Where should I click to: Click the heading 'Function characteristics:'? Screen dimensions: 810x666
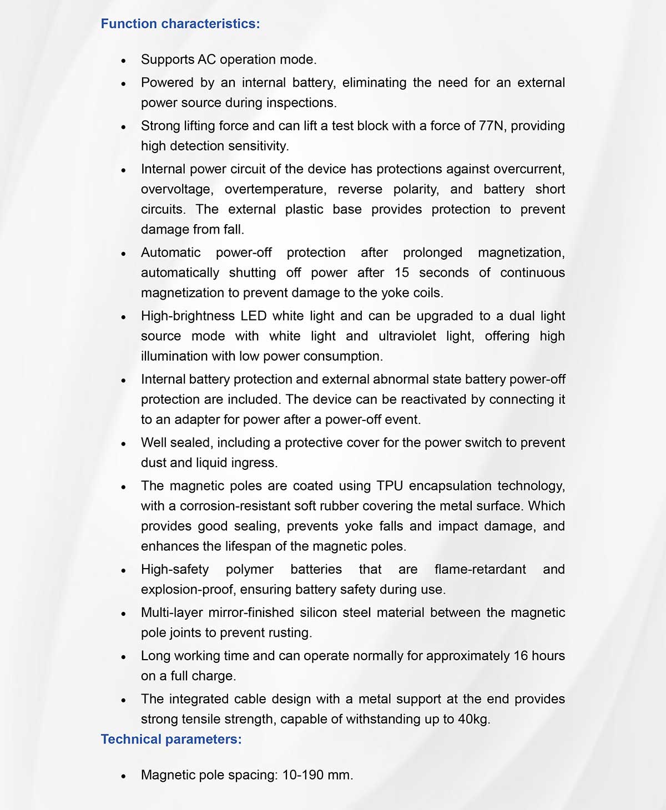[180, 24]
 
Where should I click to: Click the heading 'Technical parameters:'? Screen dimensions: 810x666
[171, 739]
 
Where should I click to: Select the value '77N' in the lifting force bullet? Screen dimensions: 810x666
[491, 126]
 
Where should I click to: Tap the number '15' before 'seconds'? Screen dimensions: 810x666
[402, 273]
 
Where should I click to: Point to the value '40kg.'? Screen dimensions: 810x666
[474, 720]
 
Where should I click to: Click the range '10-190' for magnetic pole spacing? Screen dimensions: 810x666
[303, 775]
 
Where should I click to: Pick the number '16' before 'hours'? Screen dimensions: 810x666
[521, 656]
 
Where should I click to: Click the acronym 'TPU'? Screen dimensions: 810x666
[390, 486]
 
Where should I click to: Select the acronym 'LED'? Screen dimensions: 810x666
[253, 316]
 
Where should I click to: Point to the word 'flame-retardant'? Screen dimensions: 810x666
[480, 569]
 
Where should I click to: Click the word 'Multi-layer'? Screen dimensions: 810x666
[171, 612]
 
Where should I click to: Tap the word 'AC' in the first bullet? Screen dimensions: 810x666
[206, 59]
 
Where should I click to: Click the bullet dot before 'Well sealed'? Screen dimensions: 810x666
[123, 444]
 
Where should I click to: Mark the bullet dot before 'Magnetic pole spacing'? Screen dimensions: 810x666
[123, 776]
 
